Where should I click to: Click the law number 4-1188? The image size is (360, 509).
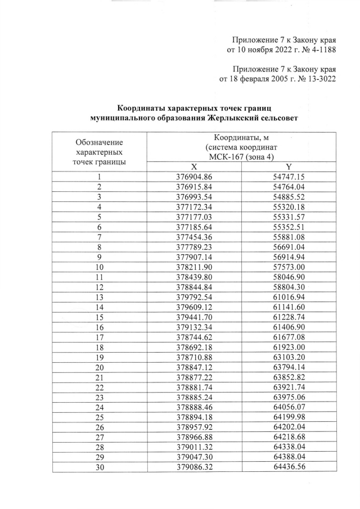click(318, 50)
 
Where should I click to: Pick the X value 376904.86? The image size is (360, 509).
click(193, 177)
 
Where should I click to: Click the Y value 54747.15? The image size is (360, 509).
click(288, 177)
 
